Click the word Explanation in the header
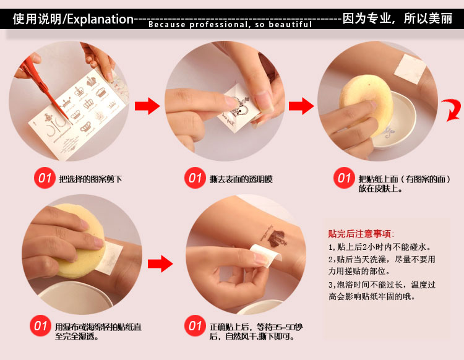100,19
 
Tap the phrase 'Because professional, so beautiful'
230,24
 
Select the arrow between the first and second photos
147,106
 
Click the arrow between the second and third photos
301,106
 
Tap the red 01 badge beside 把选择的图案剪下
45,178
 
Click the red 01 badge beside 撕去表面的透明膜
195,178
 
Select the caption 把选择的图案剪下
90,179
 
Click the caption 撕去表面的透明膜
241,179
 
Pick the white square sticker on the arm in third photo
410,69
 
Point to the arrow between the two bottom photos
160,264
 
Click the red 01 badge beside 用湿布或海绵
41,326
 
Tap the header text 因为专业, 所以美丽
397,19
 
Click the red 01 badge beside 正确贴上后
195,326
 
